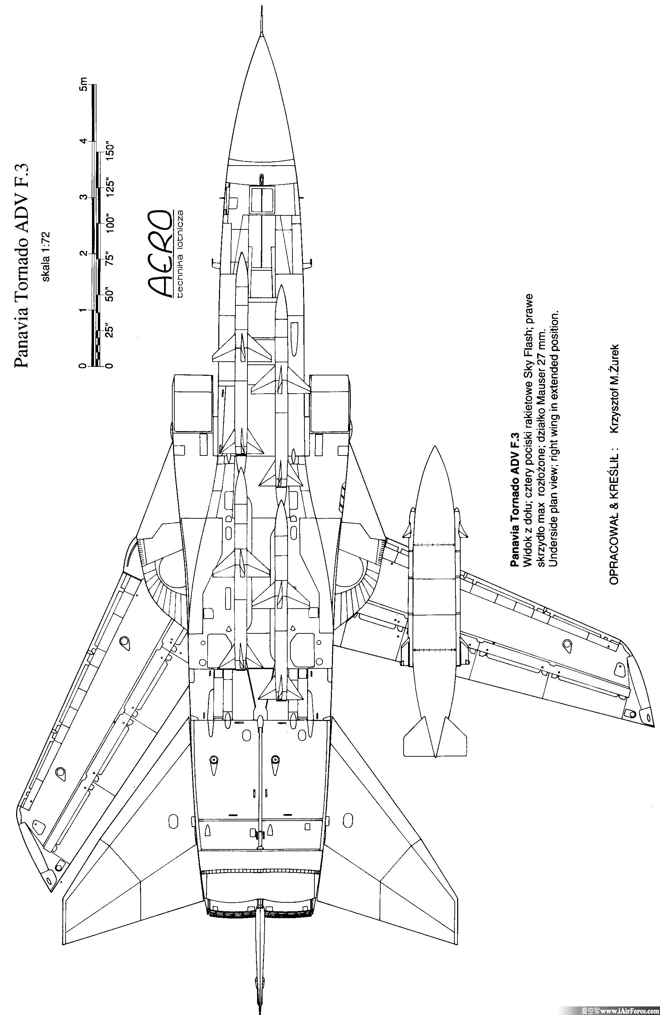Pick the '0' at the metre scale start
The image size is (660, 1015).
coord(83,366)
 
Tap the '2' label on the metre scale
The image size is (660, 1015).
coord(83,253)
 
